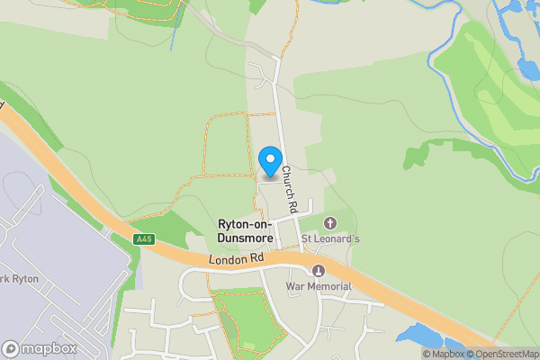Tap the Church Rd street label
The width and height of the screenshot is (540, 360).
click(x=289, y=189)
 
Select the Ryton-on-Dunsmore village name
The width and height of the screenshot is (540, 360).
click(x=246, y=230)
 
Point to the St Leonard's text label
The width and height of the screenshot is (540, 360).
click(x=330, y=239)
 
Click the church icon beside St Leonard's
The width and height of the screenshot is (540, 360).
click(x=329, y=222)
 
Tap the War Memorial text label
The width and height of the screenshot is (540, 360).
click(x=318, y=286)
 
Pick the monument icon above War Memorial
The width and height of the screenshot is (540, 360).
click(x=317, y=271)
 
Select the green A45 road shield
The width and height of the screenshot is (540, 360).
click(x=143, y=239)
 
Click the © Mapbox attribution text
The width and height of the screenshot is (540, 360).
click(x=444, y=354)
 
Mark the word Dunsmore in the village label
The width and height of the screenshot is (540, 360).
click(x=246, y=238)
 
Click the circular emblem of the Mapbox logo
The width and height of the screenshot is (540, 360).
click(x=11, y=348)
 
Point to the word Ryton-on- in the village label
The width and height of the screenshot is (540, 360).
click(x=246, y=224)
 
